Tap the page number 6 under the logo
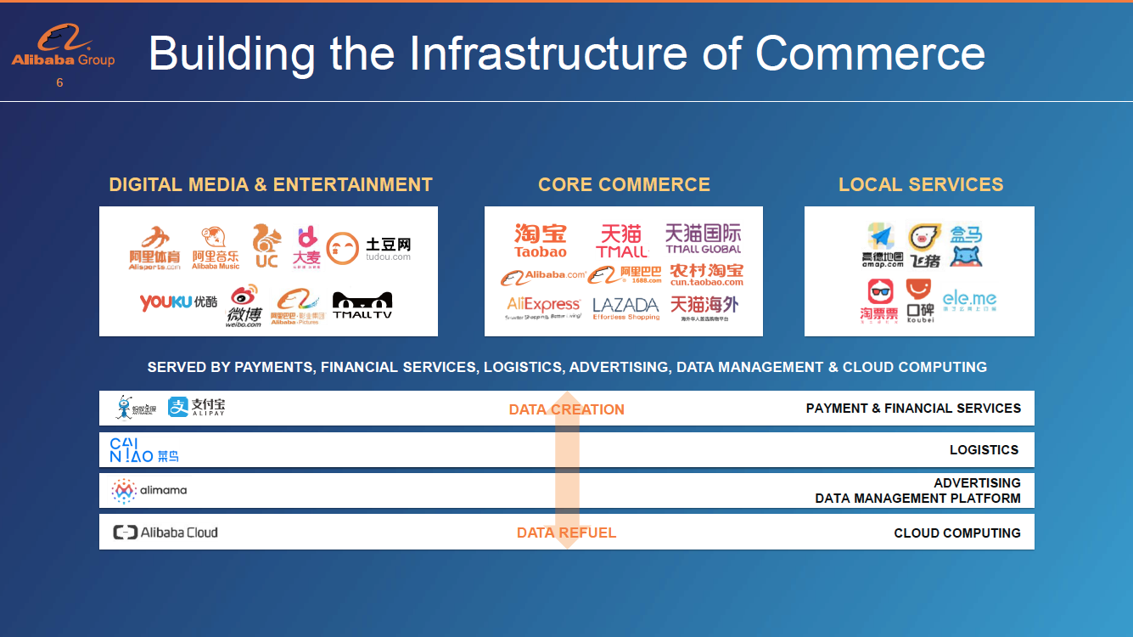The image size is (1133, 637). (x=59, y=83)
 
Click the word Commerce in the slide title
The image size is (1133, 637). (x=870, y=53)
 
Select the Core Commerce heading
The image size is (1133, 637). (x=624, y=184)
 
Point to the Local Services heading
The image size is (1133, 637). (x=920, y=184)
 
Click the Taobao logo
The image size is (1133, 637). (x=540, y=240)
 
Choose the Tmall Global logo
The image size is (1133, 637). (x=703, y=239)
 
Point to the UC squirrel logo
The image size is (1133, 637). (x=266, y=245)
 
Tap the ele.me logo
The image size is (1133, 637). (x=969, y=301)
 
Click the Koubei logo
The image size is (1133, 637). (x=919, y=301)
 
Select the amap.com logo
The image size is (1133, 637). (x=882, y=245)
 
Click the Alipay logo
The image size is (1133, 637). (x=196, y=408)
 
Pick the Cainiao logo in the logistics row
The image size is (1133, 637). (x=143, y=449)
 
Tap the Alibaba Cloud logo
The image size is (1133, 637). (x=165, y=533)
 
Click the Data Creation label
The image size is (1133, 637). (x=566, y=409)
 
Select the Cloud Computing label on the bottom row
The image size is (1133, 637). (x=956, y=533)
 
